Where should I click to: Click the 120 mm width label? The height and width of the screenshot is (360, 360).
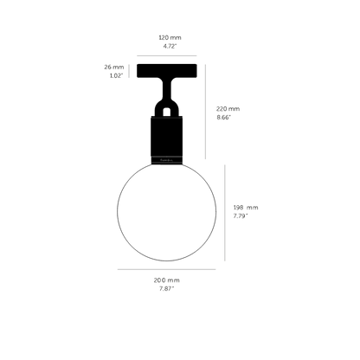pyautogui.click(x=170, y=37)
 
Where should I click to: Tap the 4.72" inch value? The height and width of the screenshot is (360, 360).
pyautogui.click(x=170, y=46)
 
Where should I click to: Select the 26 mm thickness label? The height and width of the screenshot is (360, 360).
pyautogui.click(x=114, y=67)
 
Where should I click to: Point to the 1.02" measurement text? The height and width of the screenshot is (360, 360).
pyautogui.click(x=116, y=76)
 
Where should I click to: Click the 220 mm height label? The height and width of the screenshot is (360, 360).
pyautogui.click(x=228, y=109)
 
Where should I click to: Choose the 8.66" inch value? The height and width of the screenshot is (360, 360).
pyautogui.click(x=224, y=118)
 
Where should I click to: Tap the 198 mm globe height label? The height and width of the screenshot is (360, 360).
pyautogui.click(x=246, y=208)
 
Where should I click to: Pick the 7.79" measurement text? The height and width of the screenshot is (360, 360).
pyautogui.click(x=241, y=216)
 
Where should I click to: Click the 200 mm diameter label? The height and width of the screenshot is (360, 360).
pyautogui.click(x=166, y=280)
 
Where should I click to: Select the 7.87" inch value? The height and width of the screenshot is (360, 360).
pyautogui.click(x=167, y=289)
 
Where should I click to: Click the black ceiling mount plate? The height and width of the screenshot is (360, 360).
pyautogui.click(x=167, y=71)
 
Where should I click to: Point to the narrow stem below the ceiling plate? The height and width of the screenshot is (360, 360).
pyautogui.click(x=167, y=89)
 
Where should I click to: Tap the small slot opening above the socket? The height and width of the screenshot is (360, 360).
pyautogui.click(x=166, y=112)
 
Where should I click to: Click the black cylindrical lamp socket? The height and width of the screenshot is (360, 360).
pyautogui.click(x=167, y=140)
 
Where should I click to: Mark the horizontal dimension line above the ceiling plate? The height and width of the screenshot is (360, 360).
pyautogui.click(x=167, y=55)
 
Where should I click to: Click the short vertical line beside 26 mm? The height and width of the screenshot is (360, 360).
pyautogui.click(x=129, y=71)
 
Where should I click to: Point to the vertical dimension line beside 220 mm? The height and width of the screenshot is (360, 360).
pyautogui.click(x=205, y=112)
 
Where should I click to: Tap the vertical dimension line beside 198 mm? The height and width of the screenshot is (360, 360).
pyautogui.click(x=225, y=213)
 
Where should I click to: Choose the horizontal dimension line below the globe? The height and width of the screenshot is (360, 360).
pyautogui.click(x=166, y=269)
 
